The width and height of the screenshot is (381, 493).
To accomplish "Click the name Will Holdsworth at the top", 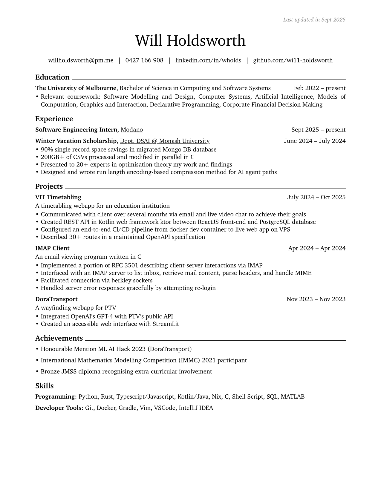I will [x=190, y=41].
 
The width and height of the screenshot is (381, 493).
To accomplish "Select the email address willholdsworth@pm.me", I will [x=81, y=60].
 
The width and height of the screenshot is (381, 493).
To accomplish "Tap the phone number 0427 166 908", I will [x=144, y=60].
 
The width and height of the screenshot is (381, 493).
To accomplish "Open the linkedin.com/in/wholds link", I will [x=208, y=60].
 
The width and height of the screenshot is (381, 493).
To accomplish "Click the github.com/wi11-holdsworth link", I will [x=293, y=60].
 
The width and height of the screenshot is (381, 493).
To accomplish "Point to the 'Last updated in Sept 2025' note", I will [x=314, y=20].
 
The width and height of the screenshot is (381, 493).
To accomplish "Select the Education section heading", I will [x=52, y=77].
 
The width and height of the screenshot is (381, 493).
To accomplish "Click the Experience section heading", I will [x=54, y=119].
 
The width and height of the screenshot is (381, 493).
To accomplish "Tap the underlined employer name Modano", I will [x=132, y=130].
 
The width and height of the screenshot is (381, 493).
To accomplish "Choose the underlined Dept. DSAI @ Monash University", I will [x=165, y=141].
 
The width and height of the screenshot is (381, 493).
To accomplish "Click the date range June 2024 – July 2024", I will [x=314, y=141].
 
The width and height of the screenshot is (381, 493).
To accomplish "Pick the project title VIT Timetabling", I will [x=58, y=197].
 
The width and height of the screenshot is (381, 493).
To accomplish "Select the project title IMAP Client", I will [x=52, y=248].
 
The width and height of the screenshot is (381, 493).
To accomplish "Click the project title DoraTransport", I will [x=56, y=299].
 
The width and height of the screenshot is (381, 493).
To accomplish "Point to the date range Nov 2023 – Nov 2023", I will [x=316, y=299].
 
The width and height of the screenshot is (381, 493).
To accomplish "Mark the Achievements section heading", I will [x=59, y=338].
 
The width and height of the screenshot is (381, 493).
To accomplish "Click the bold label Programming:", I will [x=56, y=397].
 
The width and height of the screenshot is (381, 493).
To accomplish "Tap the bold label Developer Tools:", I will [x=59, y=408].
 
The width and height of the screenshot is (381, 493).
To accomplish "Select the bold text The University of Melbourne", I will [x=76, y=88].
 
